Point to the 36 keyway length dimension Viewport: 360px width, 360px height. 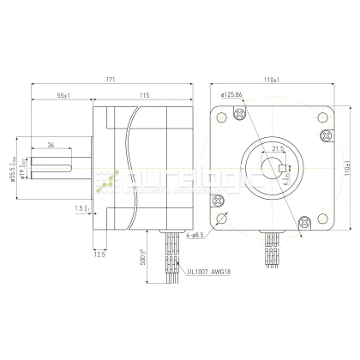(51, 145)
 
